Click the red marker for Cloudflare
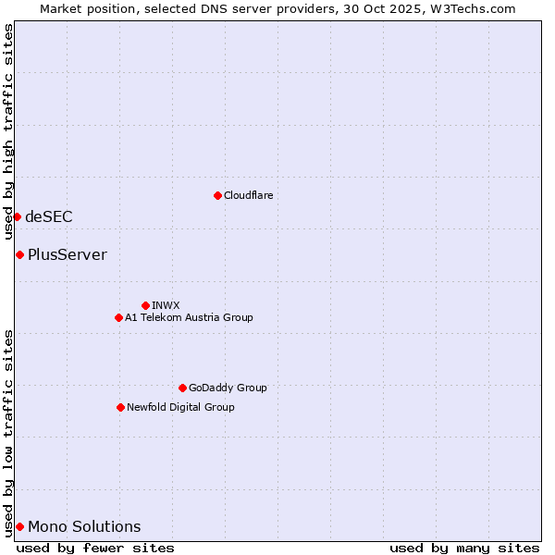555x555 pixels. tap(217, 195)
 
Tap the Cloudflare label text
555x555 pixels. tap(248, 195)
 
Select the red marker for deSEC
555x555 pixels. tap(17, 216)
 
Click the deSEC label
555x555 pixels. tap(48, 216)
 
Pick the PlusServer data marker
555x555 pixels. tap(19, 254)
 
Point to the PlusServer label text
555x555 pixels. tap(67, 254)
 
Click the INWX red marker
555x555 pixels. tap(145, 305)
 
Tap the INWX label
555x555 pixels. tap(166, 305)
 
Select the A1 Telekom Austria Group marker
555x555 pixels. tap(118, 317)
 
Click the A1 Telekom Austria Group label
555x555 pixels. tap(189, 317)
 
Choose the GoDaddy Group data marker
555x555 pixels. tap(182, 388)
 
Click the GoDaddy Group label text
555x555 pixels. tap(227, 388)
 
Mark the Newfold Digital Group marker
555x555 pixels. tap(120, 407)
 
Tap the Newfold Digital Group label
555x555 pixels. tap(180, 407)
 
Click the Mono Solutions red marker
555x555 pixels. tap(19, 526)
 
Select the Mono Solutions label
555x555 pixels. tap(84, 526)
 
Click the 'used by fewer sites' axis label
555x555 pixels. tap(95, 548)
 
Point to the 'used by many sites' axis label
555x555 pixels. tap(464, 548)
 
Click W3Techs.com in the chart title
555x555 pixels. tap(474, 8)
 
